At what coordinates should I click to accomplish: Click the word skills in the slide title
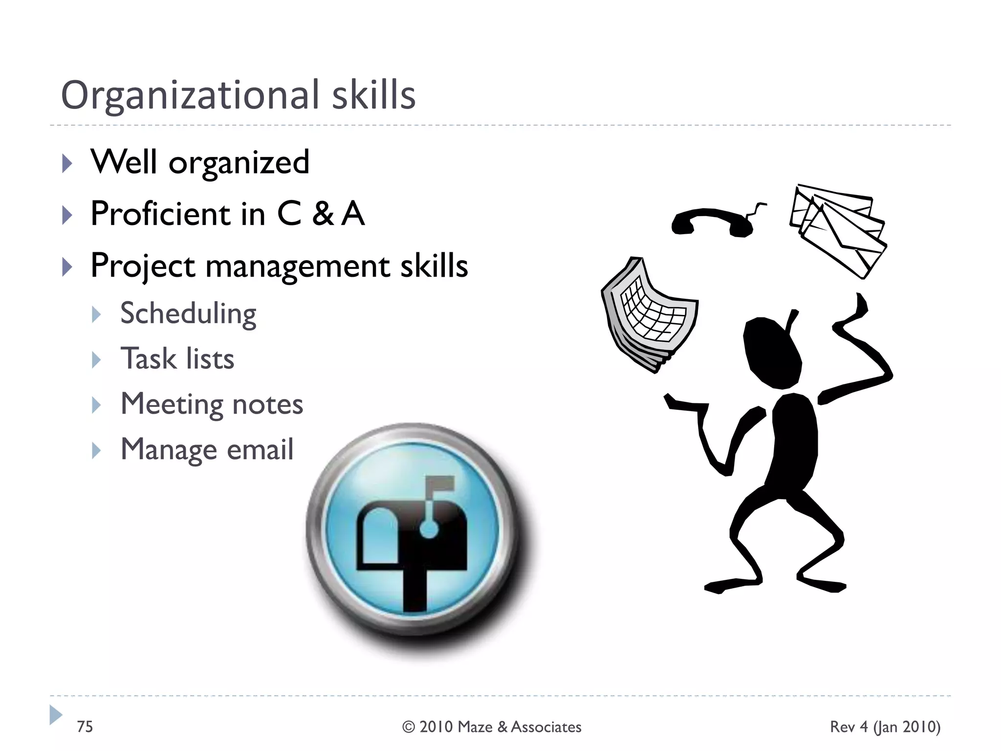[x=373, y=95]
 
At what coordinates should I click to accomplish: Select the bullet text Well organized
[x=200, y=162]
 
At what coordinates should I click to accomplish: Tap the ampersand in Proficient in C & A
[x=323, y=214]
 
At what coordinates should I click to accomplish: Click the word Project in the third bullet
[x=143, y=266]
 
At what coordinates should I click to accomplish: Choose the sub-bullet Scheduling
[x=188, y=314]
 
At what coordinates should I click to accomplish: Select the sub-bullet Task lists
[x=177, y=359]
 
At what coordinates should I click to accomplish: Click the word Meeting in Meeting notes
[x=172, y=404]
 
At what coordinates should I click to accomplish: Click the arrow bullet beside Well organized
[x=67, y=163]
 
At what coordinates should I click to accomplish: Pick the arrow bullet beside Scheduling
[x=96, y=315]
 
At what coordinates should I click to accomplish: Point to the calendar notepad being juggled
[x=648, y=313]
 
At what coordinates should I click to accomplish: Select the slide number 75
[x=85, y=727]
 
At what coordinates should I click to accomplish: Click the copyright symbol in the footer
[x=409, y=727]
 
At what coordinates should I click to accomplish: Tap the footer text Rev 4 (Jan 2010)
[x=885, y=727]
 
